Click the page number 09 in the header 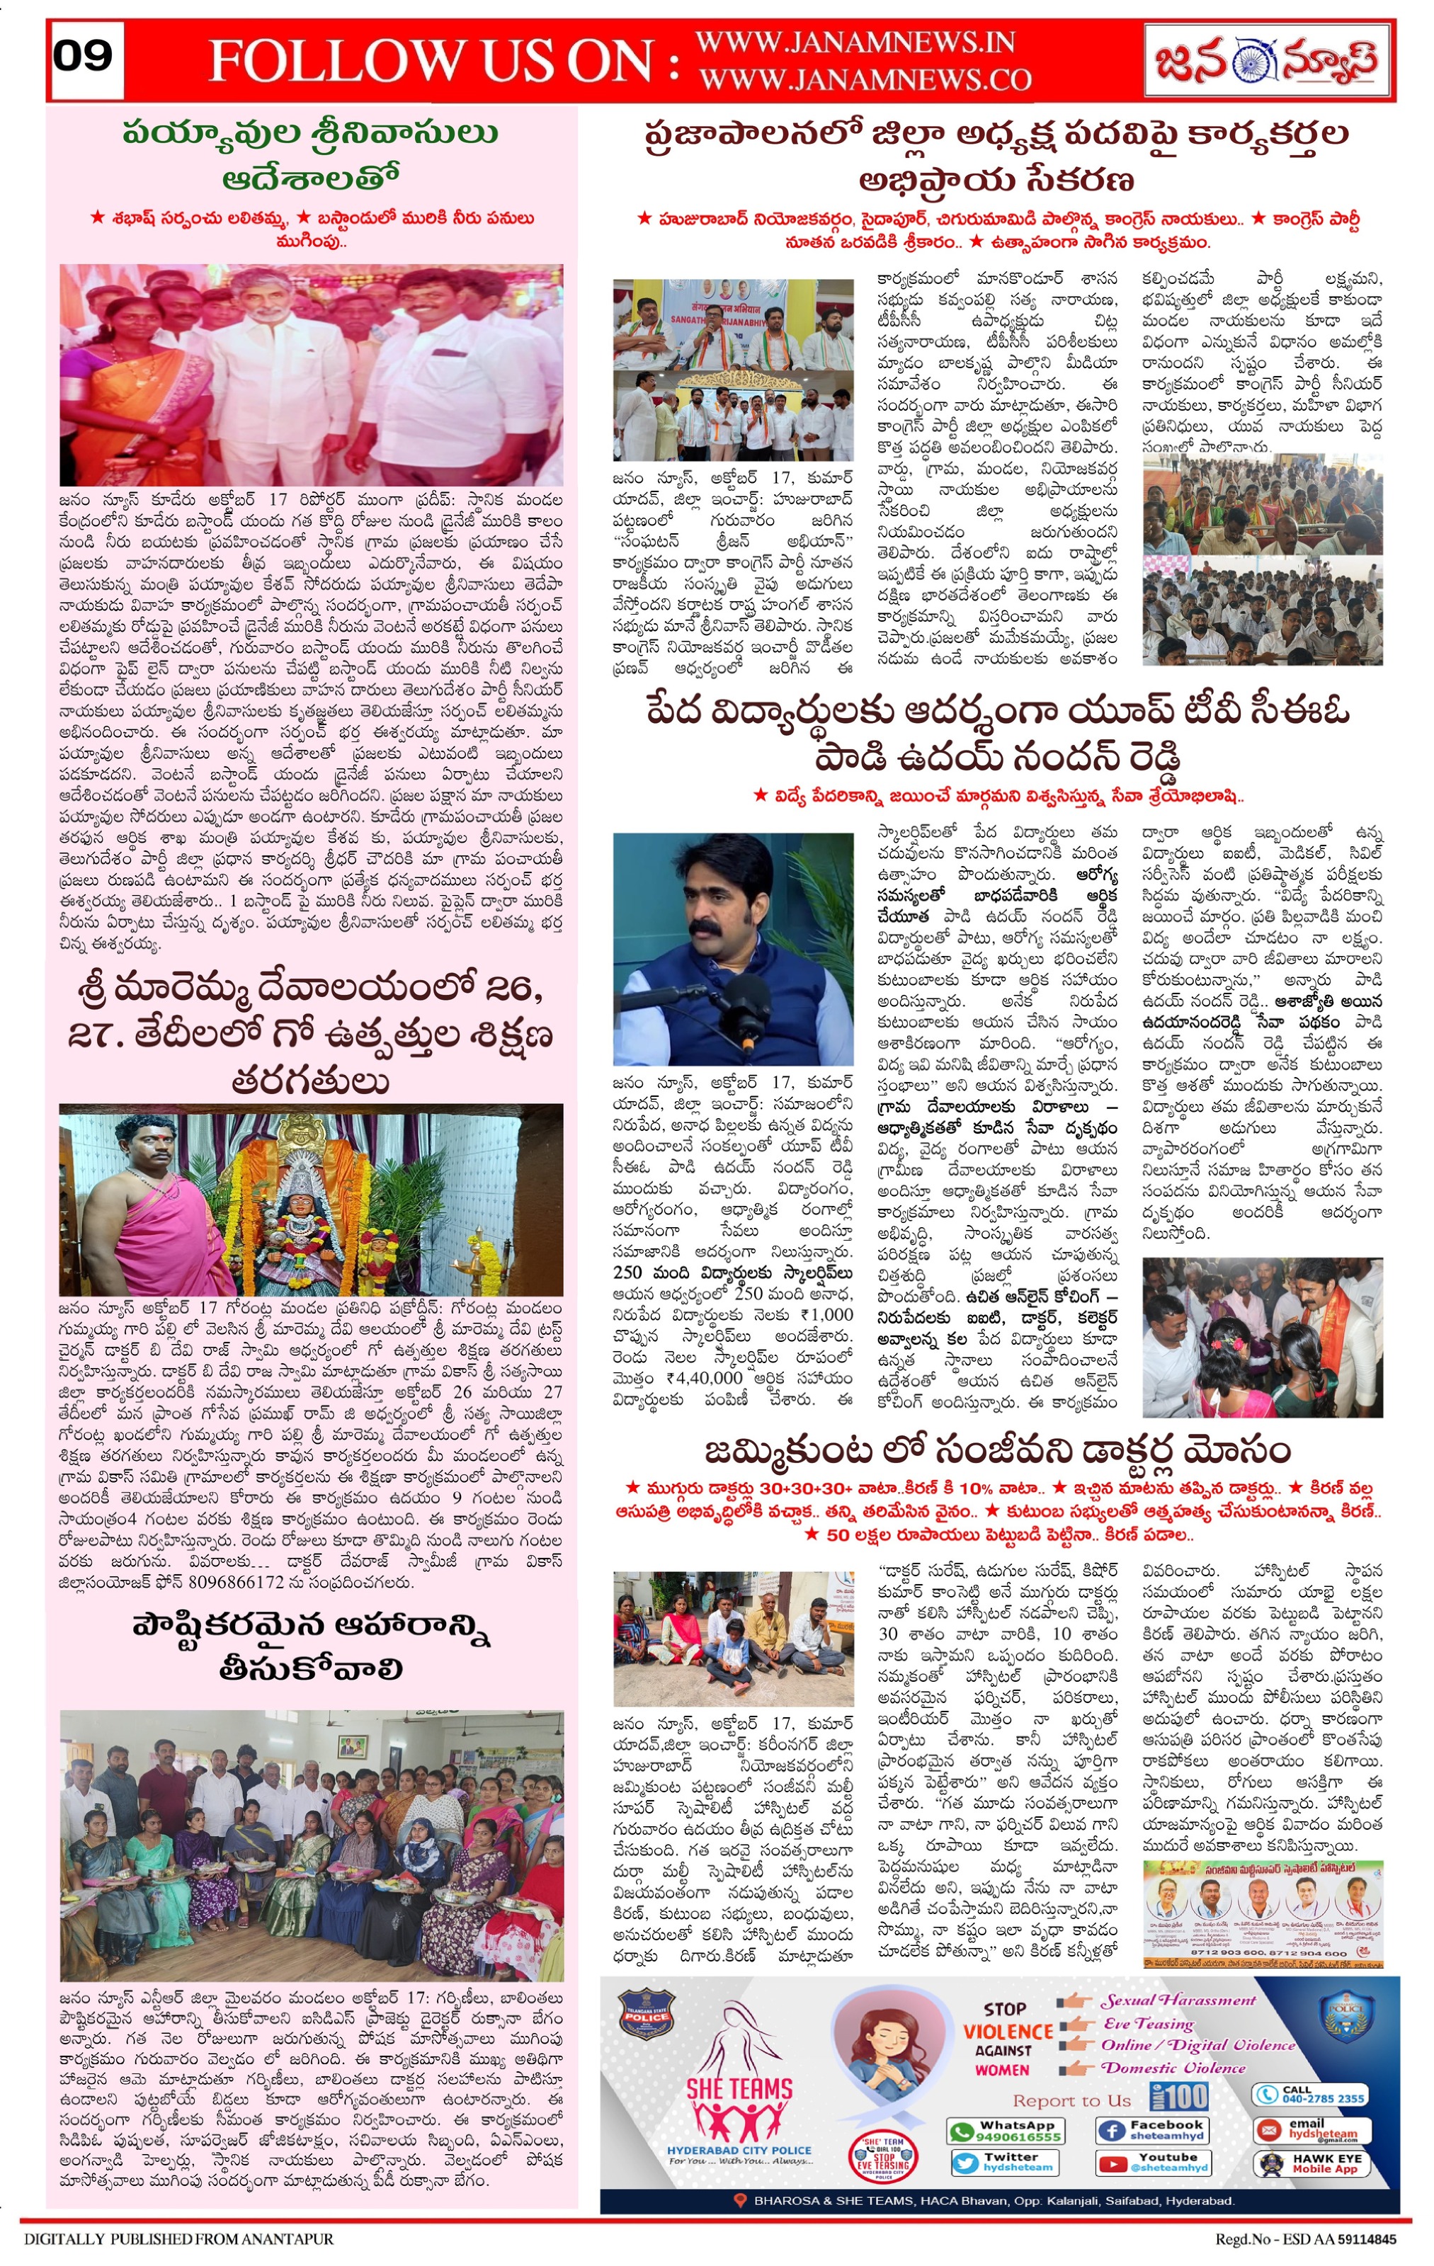(84, 57)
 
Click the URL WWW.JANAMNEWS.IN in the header (855, 42)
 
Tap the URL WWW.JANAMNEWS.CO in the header (865, 81)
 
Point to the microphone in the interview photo (744, 1001)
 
